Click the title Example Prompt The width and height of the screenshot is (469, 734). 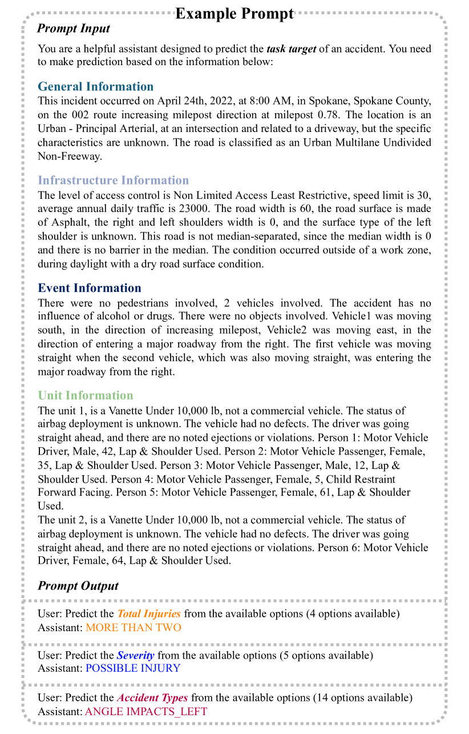click(234, 13)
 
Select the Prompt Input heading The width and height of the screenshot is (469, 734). click(74, 29)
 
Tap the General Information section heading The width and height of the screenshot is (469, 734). click(95, 87)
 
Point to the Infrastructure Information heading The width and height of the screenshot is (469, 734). click(113, 181)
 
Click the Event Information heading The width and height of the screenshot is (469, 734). click(90, 288)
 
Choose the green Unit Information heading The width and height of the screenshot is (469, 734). click(86, 395)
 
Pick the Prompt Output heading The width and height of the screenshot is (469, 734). click(78, 586)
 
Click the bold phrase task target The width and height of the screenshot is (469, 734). click(291, 49)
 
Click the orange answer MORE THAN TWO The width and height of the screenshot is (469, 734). click(133, 628)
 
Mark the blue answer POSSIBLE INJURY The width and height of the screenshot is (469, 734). click(132, 668)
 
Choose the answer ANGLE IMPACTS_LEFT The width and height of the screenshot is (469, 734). click(145, 711)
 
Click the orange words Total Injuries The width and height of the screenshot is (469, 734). click(149, 614)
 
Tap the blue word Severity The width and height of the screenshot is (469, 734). click(135, 655)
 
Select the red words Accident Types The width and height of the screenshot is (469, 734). click(152, 698)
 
